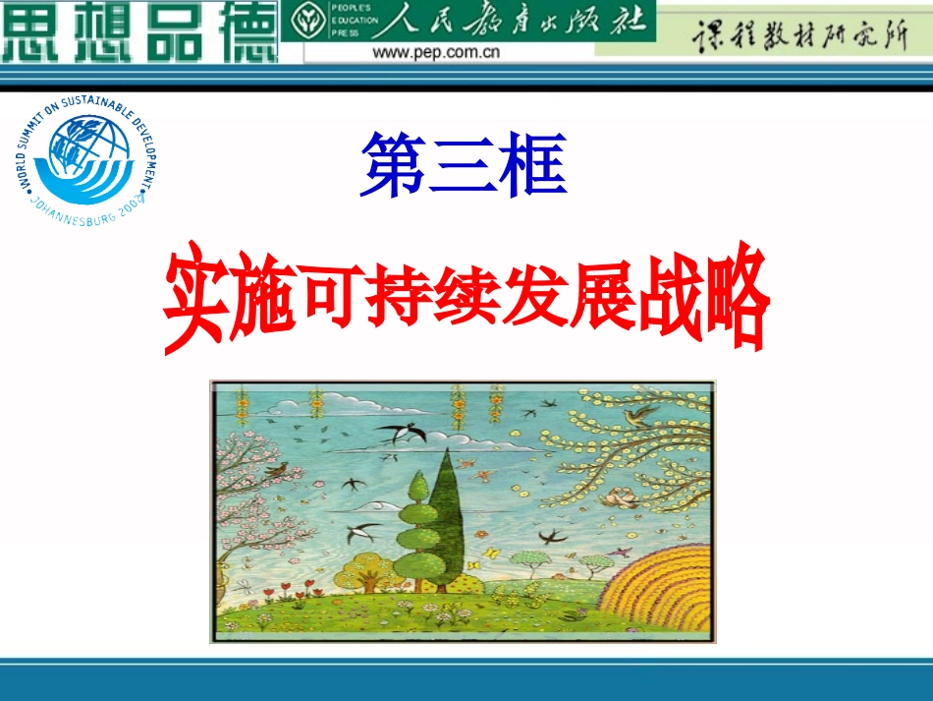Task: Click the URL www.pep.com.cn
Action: click(x=435, y=52)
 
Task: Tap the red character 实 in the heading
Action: click(x=193, y=300)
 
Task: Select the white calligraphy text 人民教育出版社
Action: click(x=511, y=20)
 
